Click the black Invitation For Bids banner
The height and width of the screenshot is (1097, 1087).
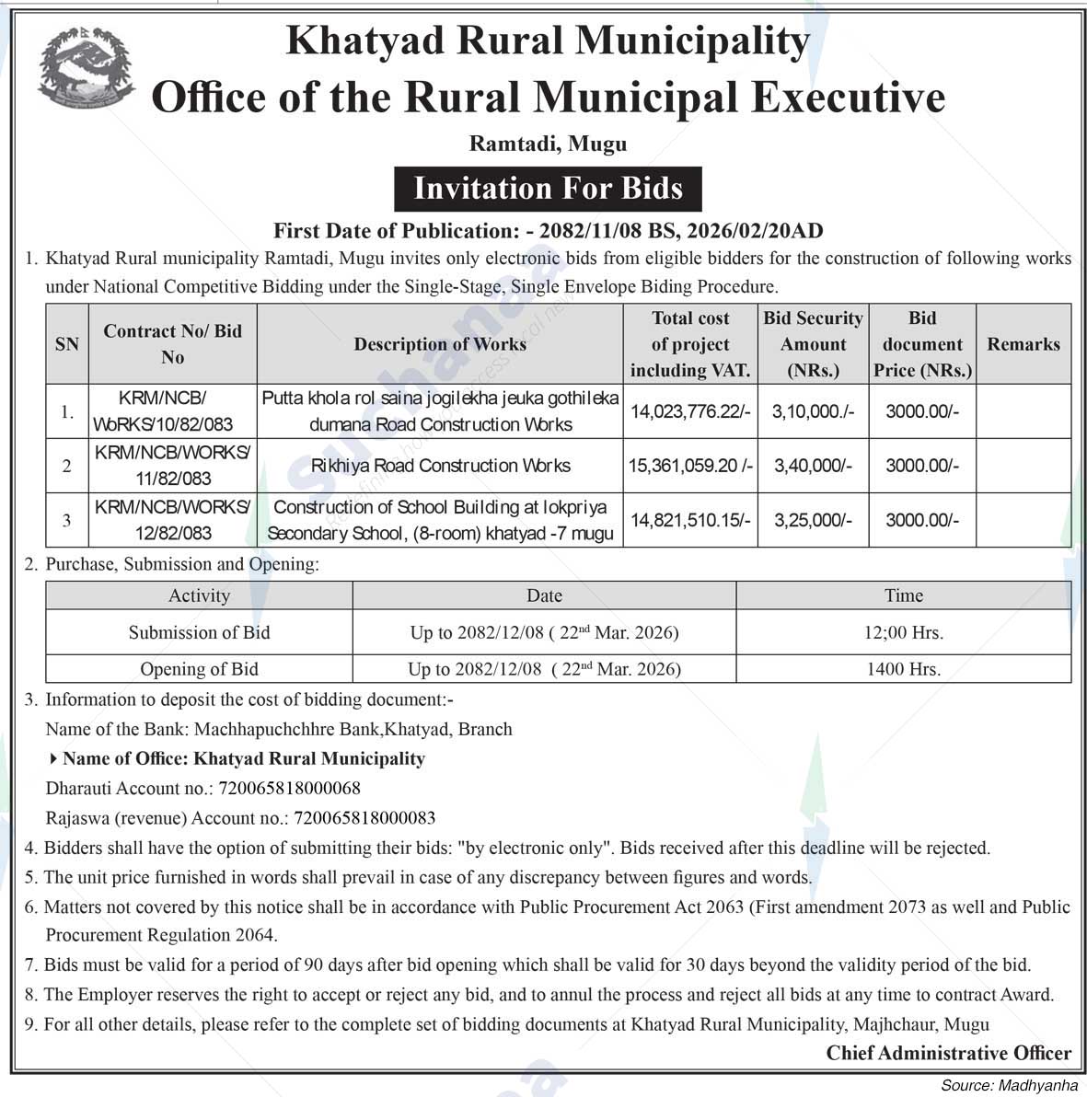pyautogui.click(x=548, y=189)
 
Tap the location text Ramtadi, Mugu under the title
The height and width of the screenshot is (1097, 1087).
pyautogui.click(x=548, y=144)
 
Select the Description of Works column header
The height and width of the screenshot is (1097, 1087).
pyautogui.click(x=440, y=344)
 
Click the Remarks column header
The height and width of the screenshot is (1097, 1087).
pyautogui.click(x=1023, y=344)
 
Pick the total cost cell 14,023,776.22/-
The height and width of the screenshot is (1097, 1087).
pyautogui.click(x=690, y=411)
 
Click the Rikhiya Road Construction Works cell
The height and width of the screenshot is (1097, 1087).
pyautogui.click(x=440, y=466)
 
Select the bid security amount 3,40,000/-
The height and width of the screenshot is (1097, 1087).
pyautogui.click(x=813, y=466)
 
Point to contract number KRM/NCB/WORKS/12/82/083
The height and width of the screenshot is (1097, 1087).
pyautogui.click(x=172, y=520)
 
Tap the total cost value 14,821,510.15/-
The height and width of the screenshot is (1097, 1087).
pyautogui.click(x=690, y=520)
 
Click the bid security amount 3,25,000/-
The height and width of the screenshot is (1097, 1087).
pyautogui.click(x=813, y=520)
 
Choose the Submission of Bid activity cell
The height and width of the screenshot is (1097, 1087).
pyautogui.click(x=199, y=632)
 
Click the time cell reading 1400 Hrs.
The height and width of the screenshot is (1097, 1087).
pyautogui.click(x=903, y=669)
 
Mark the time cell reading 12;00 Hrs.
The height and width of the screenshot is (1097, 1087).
pyautogui.click(x=903, y=632)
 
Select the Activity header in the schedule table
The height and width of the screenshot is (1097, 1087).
pyautogui.click(x=199, y=595)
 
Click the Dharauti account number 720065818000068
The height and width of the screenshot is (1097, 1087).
pyautogui.click(x=289, y=788)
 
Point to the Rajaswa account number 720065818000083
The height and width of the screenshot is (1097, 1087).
pyautogui.click(x=364, y=817)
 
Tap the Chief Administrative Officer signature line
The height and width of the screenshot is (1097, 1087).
pyautogui.click(x=948, y=1053)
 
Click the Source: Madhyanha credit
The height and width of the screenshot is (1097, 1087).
pyautogui.click(x=1008, y=1086)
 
